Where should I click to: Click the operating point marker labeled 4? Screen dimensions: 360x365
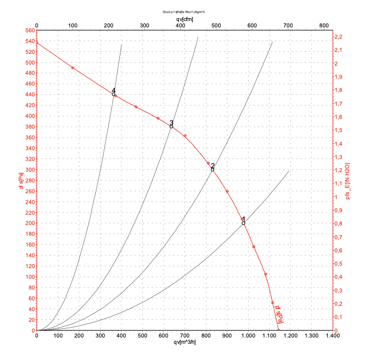tap(114, 94)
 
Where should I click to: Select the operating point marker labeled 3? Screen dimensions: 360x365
tap(171, 127)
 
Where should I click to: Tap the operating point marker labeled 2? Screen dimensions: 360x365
tap(212, 170)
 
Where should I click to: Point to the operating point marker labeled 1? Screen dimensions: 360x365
tap(243, 223)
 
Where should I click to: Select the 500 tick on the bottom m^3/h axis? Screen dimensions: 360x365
tap(142, 336)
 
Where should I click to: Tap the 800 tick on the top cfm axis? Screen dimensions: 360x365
tap(323, 25)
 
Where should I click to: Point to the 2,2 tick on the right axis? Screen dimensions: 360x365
tap(339, 37)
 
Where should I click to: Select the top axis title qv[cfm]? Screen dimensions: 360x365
tap(184, 19)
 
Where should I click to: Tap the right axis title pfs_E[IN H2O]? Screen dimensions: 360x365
tap(349, 181)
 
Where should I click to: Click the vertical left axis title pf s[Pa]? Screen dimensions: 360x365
tap(21, 181)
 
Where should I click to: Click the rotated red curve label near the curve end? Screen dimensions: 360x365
tap(279, 315)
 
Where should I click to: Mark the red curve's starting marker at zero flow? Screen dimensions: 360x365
tap(37, 43)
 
